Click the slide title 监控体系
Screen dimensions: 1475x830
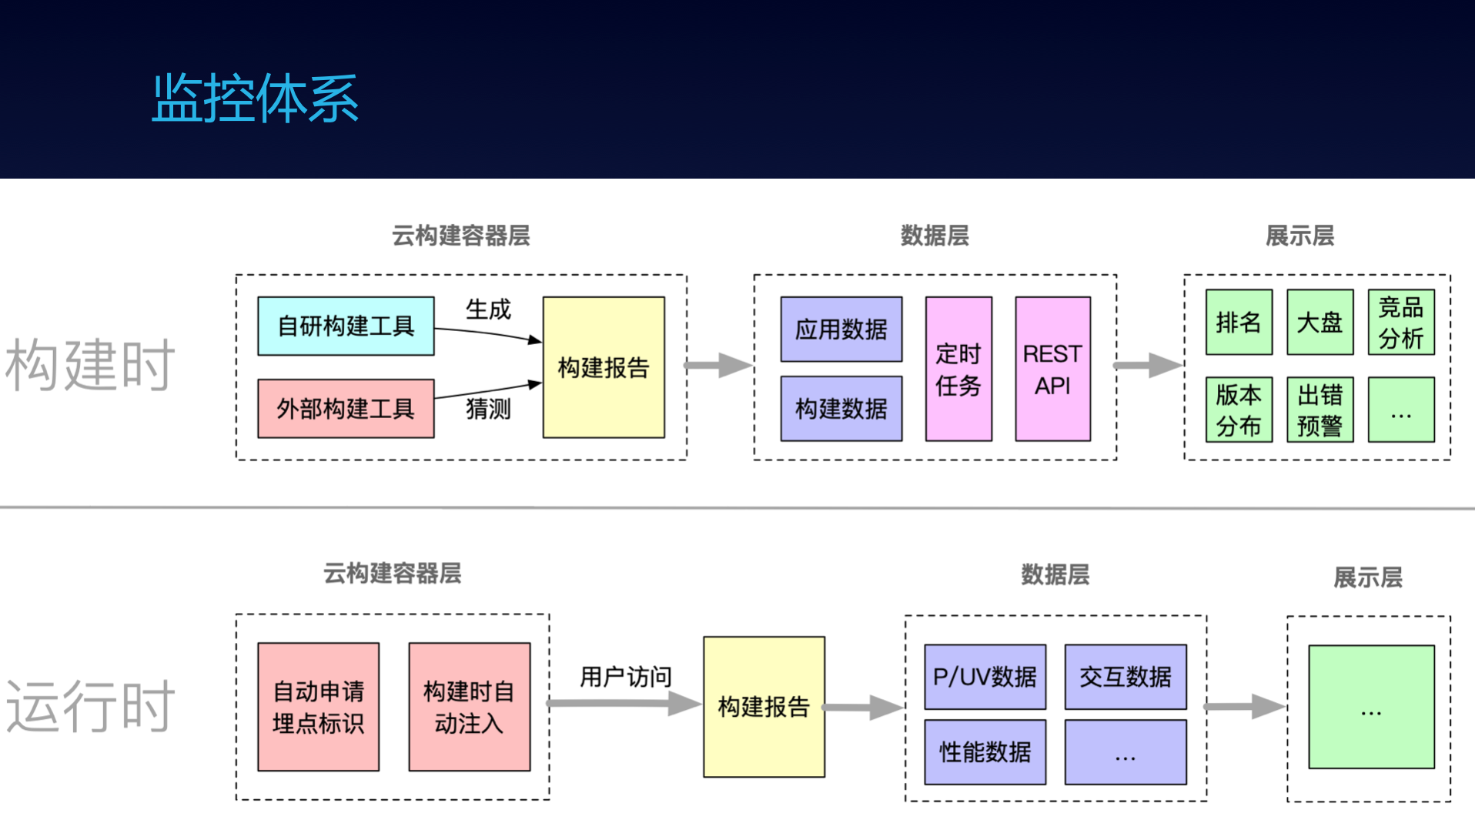click(x=256, y=98)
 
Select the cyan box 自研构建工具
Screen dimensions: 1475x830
click(x=346, y=326)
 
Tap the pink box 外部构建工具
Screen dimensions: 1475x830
click(x=346, y=408)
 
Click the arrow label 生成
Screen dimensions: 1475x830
click(x=488, y=310)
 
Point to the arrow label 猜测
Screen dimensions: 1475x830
click(x=488, y=409)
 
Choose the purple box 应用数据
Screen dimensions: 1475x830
click(x=841, y=330)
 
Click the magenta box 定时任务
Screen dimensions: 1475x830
click(x=958, y=369)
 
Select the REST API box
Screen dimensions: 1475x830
click(x=1052, y=369)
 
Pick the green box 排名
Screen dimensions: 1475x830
click(x=1239, y=322)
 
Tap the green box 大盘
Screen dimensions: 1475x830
click(x=1319, y=322)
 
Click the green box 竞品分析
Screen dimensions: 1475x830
click(x=1401, y=322)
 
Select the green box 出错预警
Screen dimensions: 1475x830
click(x=1319, y=410)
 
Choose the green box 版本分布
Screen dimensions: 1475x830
click(x=1239, y=410)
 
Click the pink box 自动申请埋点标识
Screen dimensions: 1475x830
click(x=319, y=707)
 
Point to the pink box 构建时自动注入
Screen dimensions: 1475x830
click(x=470, y=707)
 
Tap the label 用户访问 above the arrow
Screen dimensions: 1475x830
click(x=626, y=677)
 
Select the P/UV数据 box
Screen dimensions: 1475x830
click(x=985, y=677)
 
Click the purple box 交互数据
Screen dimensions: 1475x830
click(x=1125, y=677)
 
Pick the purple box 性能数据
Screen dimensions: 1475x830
click(x=985, y=752)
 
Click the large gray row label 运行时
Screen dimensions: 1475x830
click(x=91, y=706)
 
